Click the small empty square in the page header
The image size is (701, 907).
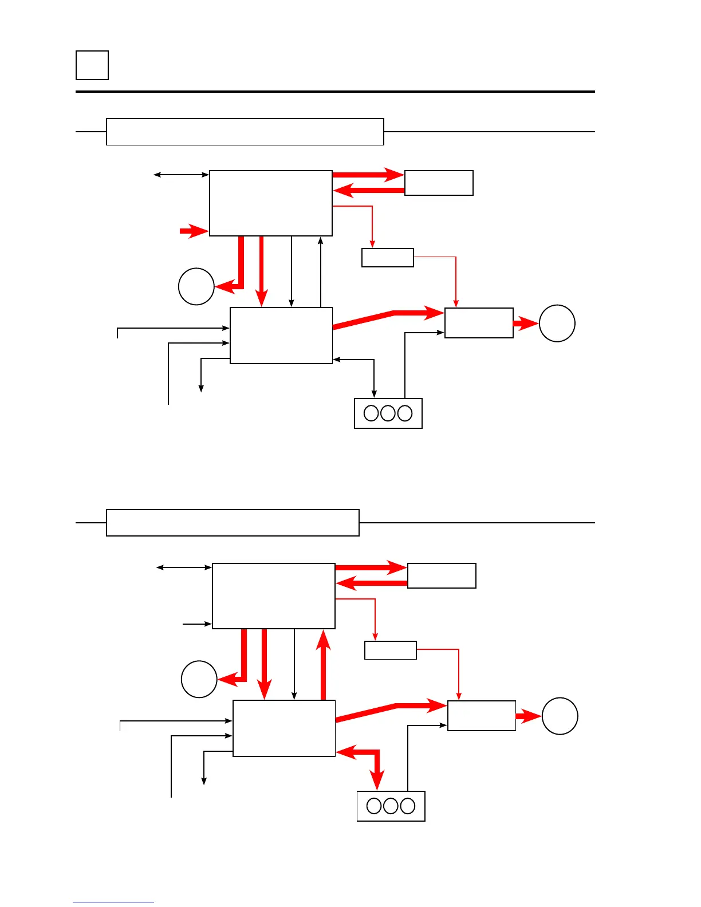click(x=92, y=65)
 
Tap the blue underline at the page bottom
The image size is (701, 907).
click(x=113, y=902)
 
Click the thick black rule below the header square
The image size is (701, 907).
click(x=335, y=92)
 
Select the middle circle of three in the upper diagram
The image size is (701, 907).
click(x=388, y=413)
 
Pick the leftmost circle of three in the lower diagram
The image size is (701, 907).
click(x=374, y=806)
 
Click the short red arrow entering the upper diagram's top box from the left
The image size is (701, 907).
click(x=193, y=231)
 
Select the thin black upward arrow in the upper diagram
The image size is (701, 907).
click(x=320, y=272)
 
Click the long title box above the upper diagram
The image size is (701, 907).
click(x=245, y=132)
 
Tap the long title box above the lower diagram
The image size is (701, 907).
click(x=233, y=523)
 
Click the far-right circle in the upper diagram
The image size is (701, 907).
click(x=557, y=324)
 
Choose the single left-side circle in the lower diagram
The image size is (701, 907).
click(x=199, y=679)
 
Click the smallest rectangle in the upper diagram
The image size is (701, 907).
click(x=387, y=258)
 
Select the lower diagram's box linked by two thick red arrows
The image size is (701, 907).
click(x=442, y=575)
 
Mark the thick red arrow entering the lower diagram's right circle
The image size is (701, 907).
click(x=528, y=716)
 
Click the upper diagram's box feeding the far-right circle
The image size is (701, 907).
click(x=479, y=323)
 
